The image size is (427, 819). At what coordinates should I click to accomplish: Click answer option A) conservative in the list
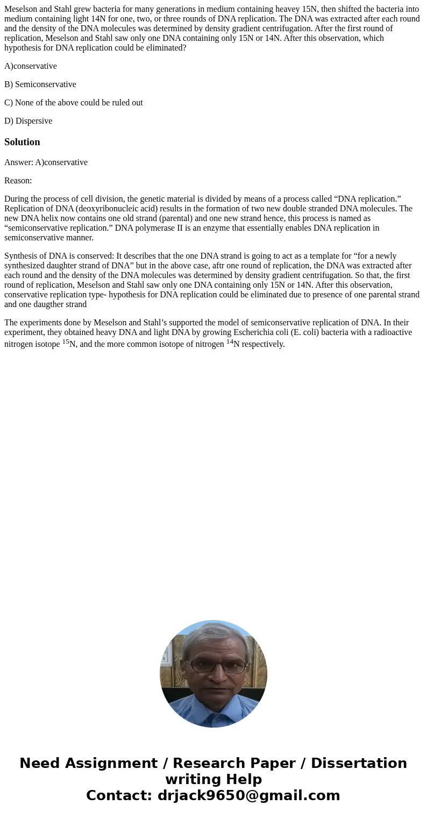tap(31, 66)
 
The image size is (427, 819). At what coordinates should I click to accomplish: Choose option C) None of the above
tap(74, 103)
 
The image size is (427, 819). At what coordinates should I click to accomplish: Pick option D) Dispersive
tap(29, 121)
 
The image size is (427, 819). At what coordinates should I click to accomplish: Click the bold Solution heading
tap(22, 142)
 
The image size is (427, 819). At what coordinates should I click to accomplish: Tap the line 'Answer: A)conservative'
tap(46, 162)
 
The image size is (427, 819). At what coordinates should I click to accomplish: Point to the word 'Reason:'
tap(18, 181)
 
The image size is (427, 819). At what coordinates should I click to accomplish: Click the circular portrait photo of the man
tap(213, 674)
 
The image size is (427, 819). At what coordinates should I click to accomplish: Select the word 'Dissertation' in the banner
tap(359, 763)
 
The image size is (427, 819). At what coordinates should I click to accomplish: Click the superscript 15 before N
tap(66, 341)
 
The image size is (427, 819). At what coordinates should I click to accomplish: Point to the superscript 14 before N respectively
tap(230, 341)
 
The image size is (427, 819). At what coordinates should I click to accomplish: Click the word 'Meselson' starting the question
tap(21, 9)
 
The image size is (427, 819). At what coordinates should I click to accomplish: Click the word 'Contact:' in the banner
tap(119, 795)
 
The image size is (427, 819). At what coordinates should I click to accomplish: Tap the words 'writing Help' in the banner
tap(213, 779)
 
